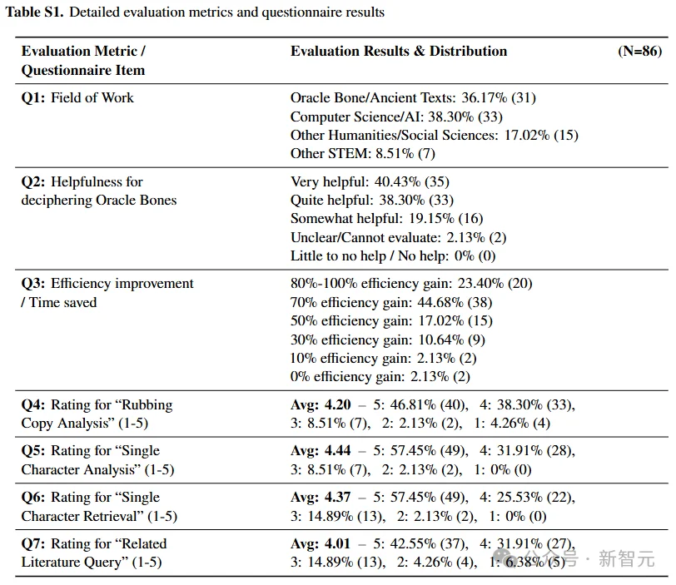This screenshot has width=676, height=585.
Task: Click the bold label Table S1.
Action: (x=34, y=12)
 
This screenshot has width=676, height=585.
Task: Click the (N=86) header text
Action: (x=639, y=52)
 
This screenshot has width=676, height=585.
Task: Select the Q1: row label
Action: (x=33, y=98)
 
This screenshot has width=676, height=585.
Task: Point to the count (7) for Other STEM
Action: (x=426, y=153)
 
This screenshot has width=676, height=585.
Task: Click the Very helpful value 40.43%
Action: (x=397, y=181)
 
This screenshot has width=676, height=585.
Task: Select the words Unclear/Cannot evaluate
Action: (x=365, y=237)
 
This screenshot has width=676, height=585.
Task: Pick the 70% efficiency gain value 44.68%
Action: (x=440, y=302)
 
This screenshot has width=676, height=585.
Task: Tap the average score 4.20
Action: (x=337, y=405)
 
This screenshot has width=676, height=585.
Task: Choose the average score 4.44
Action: (x=337, y=450)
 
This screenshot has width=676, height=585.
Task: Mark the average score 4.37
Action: (x=337, y=497)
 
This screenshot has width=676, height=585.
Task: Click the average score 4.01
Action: (x=337, y=543)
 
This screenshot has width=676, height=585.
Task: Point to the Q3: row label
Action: (x=33, y=284)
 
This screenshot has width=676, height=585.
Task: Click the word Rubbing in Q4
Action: (x=147, y=405)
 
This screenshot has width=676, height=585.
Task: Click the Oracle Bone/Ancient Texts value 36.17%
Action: (x=485, y=98)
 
